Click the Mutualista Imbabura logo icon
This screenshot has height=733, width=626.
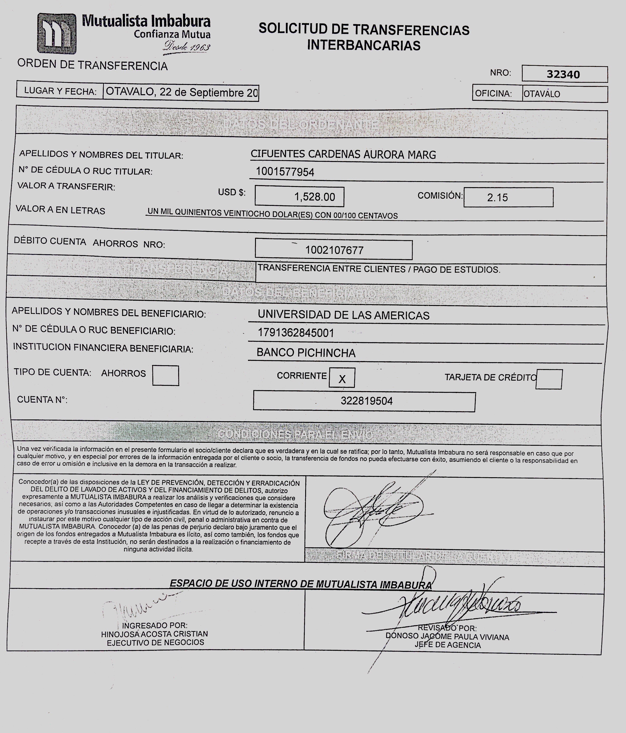point(57,34)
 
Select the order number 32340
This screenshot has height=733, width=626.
point(563,74)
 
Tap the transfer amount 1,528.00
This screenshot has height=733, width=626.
point(315,197)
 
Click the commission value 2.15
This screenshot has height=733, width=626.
point(497,197)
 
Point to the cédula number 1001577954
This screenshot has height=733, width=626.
point(285,172)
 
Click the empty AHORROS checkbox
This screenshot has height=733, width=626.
point(166,375)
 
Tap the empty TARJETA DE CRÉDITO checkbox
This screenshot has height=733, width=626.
point(549,379)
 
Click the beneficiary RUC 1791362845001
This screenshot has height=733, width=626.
point(296,333)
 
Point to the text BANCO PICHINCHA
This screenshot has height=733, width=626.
point(306,352)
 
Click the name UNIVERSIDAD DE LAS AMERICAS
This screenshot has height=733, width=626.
point(343,315)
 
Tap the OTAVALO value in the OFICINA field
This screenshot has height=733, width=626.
point(542,94)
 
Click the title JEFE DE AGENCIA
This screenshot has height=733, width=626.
point(448,645)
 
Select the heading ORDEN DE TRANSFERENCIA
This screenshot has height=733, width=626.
point(92,65)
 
